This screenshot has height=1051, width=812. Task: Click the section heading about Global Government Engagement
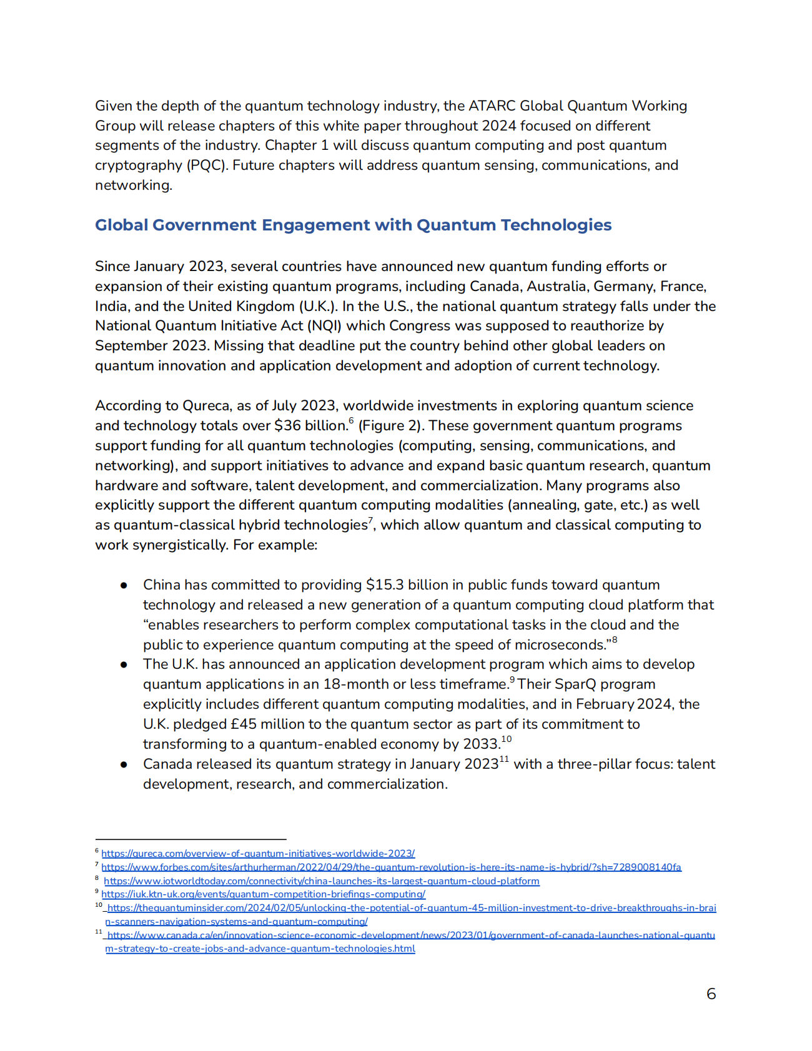(x=353, y=225)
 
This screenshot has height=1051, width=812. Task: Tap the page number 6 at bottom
(x=711, y=994)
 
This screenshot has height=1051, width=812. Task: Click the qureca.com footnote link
(x=258, y=853)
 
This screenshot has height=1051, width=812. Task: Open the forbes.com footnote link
(x=391, y=867)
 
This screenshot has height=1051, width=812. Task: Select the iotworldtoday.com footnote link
(x=321, y=881)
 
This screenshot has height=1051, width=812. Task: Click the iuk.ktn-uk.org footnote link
(x=263, y=894)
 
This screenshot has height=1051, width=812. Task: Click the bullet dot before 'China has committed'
(x=124, y=585)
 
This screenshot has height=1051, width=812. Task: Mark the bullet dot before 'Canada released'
(x=124, y=764)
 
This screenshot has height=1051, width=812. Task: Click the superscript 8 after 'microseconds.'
(x=615, y=639)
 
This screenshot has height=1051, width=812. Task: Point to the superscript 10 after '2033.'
(x=506, y=739)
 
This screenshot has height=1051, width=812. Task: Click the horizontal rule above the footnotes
(x=191, y=839)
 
